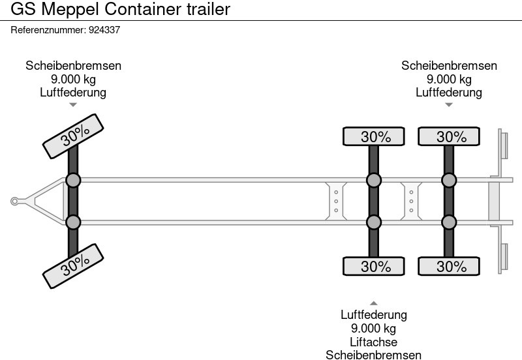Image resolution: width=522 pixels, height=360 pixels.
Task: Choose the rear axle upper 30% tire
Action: coord(450,136)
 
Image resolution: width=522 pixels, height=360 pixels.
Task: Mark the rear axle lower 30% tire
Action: coord(450,266)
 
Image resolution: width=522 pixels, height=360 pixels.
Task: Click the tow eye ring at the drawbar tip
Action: coord(14,202)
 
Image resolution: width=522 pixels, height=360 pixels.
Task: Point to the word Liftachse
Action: coord(373,342)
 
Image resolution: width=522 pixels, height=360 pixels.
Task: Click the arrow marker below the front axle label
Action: coord(73,104)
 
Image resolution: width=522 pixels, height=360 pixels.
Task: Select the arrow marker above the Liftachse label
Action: coord(373,303)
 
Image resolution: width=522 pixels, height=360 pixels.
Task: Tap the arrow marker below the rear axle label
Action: coord(449,104)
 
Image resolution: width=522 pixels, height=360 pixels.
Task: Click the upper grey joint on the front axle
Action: coord(73,180)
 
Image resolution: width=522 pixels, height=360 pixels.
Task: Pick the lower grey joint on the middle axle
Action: coord(373,222)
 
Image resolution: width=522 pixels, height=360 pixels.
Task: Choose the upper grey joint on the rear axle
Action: coord(449,180)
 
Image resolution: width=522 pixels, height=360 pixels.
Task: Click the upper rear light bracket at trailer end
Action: coord(504,144)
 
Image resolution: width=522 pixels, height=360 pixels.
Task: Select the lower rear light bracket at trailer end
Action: coord(504,258)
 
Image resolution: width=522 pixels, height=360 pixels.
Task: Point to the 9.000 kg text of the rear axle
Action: coord(449,79)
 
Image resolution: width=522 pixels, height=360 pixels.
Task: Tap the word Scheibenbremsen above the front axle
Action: coord(73,66)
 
